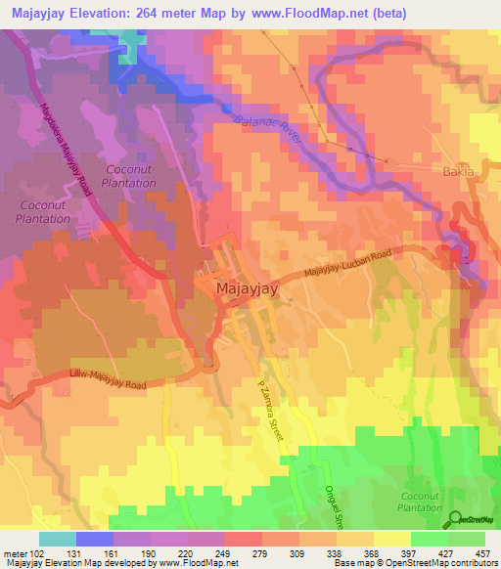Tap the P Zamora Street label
pos(270,410)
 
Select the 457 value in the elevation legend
pos(482,552)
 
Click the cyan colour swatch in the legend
pos(57,539)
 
